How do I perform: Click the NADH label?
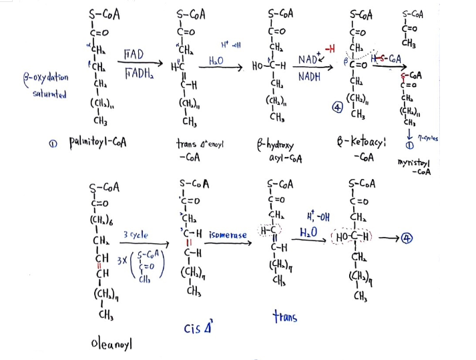[309, 77]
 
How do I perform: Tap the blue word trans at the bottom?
[285, 317]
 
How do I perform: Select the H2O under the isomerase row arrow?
[308, 232]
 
